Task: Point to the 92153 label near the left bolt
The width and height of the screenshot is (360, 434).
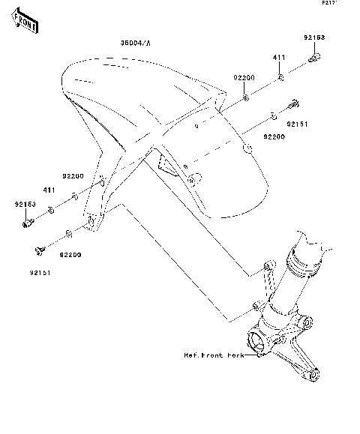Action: [25, 203]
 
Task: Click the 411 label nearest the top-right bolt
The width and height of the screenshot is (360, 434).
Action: [277, 58]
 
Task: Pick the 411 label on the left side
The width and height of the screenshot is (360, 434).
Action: [49, 190]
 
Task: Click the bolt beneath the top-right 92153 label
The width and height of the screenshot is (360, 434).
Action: [316, 56]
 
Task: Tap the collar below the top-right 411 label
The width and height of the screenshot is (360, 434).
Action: [279, 77]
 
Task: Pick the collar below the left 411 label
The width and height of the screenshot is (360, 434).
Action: [50, 209]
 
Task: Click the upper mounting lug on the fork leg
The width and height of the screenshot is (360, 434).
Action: [268, 267]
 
